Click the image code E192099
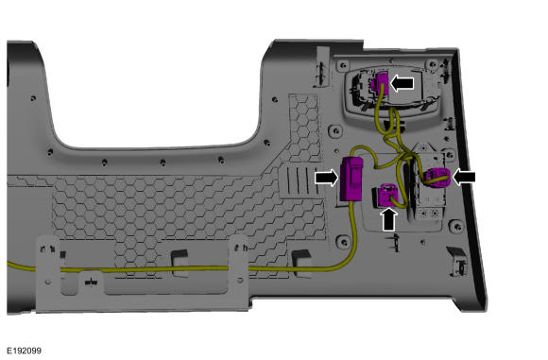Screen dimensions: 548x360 (25, 351)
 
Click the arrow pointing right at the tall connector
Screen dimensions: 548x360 (326, 178)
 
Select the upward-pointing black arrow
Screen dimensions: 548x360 (389, 219)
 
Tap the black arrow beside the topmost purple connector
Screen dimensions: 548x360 (402, 83)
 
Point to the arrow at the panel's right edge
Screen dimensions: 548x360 (464, 178)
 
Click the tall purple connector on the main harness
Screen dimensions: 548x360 (351, 179)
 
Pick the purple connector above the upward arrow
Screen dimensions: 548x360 (388, 195)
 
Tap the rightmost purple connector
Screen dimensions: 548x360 (438, 178)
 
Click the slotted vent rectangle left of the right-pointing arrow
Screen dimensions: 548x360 (297, 180)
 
